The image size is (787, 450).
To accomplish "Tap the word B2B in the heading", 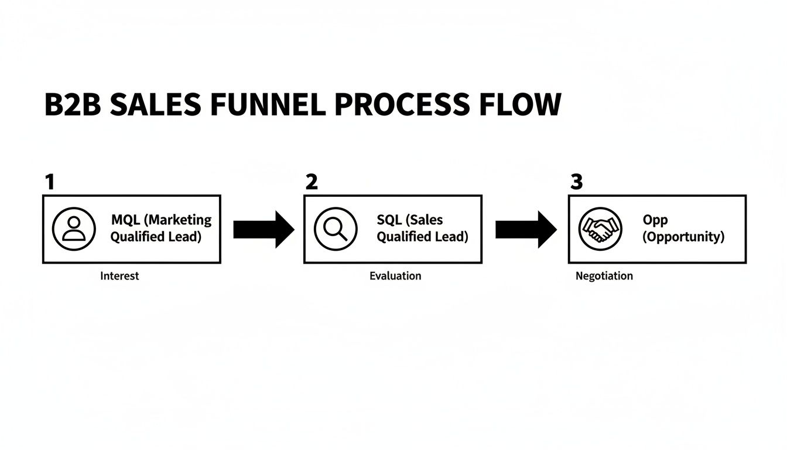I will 73,105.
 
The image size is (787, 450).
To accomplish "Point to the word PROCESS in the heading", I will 401,105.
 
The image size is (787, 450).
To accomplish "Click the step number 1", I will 50,182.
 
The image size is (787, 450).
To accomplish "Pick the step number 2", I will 312,182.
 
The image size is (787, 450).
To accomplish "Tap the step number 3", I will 577,182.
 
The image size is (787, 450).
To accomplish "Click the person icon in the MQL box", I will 73,229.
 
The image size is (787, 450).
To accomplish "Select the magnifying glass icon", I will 335,229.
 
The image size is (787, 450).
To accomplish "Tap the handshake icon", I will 600,229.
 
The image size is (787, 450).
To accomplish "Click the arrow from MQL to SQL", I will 264,230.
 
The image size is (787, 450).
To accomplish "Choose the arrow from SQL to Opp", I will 526,230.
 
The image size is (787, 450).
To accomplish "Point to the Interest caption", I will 119,276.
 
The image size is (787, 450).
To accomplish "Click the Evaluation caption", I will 395,276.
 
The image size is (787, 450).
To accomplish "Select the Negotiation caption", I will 604,276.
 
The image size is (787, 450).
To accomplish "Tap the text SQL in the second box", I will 390,220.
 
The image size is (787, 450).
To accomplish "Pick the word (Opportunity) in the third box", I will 683,237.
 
